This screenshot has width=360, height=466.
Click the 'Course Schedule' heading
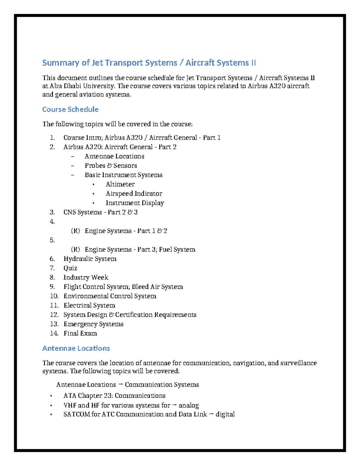[70, 109]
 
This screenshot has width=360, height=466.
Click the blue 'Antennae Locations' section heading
[76, 348]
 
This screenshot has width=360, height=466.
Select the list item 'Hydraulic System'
[90, 259]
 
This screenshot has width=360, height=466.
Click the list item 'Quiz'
[70, 268]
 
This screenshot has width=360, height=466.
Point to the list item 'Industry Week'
[86, 277]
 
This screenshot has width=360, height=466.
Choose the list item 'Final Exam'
[80, 333]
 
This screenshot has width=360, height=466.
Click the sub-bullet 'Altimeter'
[120, 184]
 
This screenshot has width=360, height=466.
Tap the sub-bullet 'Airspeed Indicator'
[134, 193]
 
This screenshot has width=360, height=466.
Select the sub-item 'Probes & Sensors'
[111, 165]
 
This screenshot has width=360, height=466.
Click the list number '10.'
[54, 296]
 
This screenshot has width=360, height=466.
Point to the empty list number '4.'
[52, 221]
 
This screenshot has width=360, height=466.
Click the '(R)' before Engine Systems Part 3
[76, 249]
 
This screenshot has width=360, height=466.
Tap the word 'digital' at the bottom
[225, 414]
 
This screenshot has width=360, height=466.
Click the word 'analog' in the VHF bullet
[189, 405]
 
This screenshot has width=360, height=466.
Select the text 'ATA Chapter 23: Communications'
[114, 395]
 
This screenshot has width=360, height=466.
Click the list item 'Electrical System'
[89, 305]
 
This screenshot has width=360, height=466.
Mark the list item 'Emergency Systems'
[93, 324]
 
